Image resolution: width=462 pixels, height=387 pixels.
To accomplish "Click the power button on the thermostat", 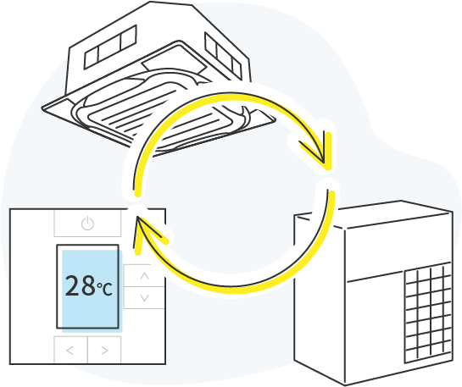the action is tap(87, 223).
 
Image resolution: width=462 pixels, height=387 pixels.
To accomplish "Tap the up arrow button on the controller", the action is tap(144, 276).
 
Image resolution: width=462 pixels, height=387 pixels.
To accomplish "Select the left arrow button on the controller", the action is tap(70, 350).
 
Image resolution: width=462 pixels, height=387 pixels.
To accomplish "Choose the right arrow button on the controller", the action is tap(104, 350).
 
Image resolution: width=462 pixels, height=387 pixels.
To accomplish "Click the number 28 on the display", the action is tap(81, 285).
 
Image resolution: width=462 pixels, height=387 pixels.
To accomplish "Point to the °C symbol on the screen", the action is tap(104, 289).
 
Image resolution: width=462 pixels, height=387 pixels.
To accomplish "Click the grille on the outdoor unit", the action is tap(428, 312).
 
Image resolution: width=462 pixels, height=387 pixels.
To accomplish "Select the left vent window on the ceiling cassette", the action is tap(110, 47).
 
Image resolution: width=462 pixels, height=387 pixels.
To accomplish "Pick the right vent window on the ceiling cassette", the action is tap(223, 56).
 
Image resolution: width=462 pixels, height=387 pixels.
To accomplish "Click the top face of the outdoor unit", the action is tap(374, 214).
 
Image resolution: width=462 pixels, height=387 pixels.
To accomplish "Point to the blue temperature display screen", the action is tap(90, 289).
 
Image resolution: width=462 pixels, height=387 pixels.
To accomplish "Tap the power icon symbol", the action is tap(87, 223).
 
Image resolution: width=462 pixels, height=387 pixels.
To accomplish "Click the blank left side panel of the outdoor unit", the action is tap(320, 297).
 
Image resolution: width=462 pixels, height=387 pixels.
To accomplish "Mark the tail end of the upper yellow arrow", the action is tap(137, 194).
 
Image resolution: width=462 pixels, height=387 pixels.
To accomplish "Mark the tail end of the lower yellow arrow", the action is tap(331, 193).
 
